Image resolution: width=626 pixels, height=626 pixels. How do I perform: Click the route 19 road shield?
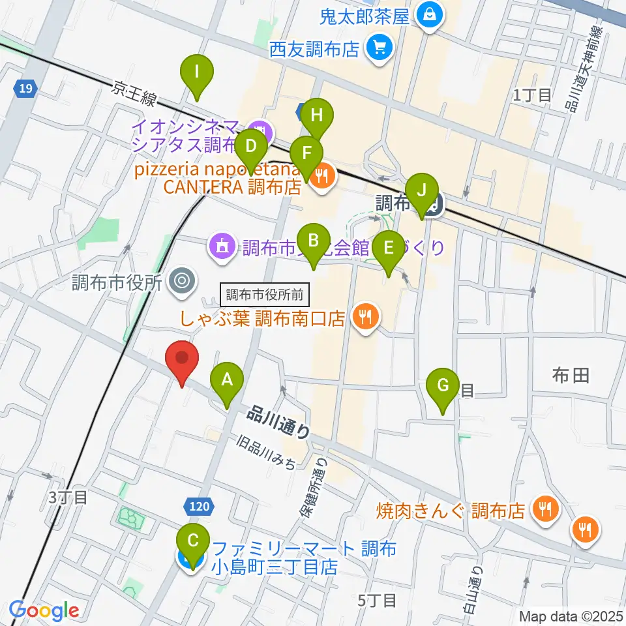23,88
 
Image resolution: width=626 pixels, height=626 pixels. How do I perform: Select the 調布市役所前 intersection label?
264,294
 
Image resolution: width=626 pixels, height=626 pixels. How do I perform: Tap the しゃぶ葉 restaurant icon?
363,317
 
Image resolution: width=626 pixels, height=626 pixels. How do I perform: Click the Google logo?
44,610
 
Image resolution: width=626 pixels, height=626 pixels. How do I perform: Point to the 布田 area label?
571,375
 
